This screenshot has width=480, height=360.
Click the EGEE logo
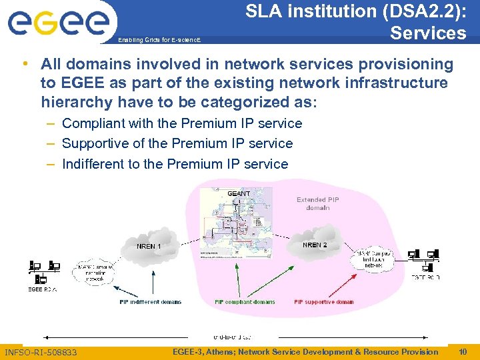click(x=58, y=23)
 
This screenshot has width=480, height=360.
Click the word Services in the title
click(x=428, y=33)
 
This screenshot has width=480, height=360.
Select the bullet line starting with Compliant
click(x=181, y=123)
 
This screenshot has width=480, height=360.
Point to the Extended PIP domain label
click(x=318, y=203)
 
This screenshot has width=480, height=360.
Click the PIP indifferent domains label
click(x=150, y=302)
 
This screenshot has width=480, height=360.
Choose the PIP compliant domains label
click(x=245, y=302)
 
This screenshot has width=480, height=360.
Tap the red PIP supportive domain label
click(x=324, y=302)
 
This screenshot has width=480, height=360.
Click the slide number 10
click(x=463, y=351)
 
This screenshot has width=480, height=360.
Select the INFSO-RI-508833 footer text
click(x=41, y=352)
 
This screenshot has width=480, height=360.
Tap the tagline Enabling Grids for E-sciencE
click(x=159, y=41)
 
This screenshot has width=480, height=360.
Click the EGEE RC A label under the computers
click(x=43, y=289)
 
